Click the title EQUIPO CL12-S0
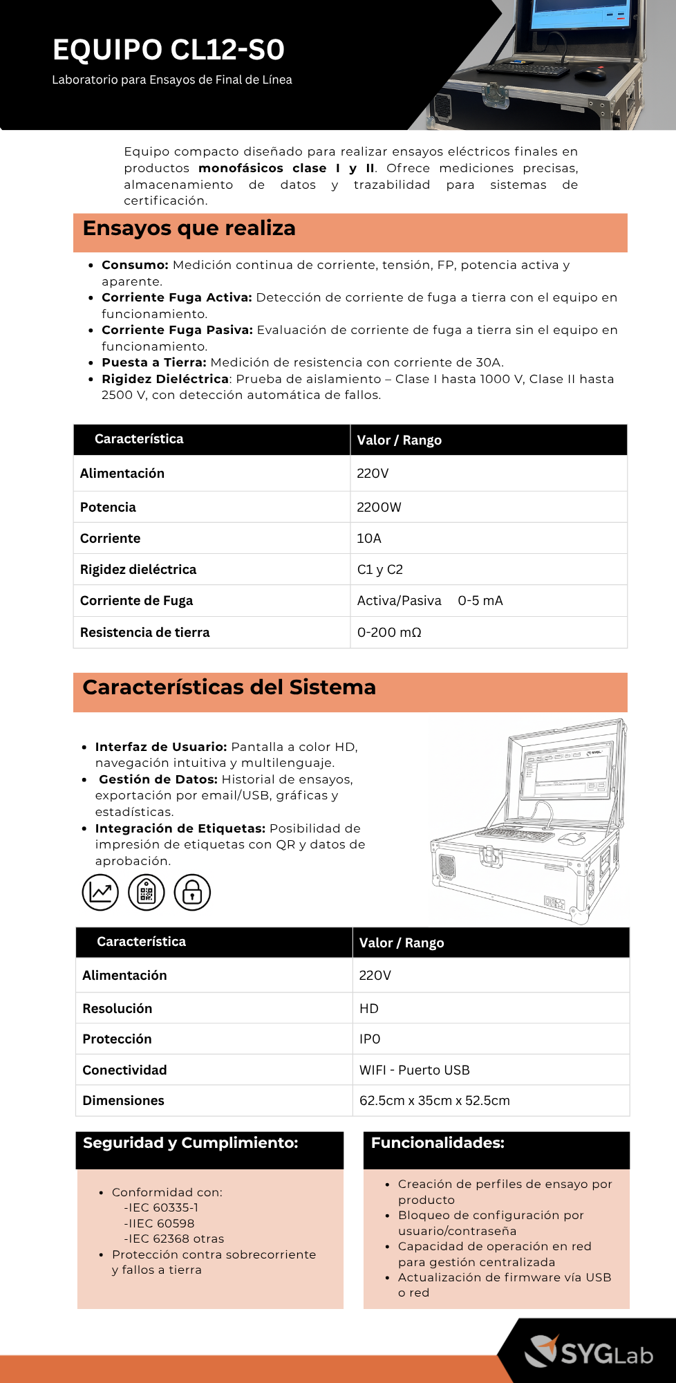click(169, 50)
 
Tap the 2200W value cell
click(379, 507)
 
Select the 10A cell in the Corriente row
click(369, 538)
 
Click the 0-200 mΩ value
click(389, 632)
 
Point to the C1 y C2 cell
click(379, 569)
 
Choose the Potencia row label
click(108, 507)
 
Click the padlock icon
click(192, 892)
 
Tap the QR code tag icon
click(147, 892)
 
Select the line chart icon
click(100, 892)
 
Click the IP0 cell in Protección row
click(370, 1039)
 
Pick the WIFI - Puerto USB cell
click(414, 1070)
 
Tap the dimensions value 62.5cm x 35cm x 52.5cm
click(434, 1100)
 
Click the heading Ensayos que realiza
click(189, 228)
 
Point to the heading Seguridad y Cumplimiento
click(190, 1142)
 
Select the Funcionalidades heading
click(438, 1142)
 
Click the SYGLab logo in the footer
click(589, 1352)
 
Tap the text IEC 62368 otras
click(174, 1238)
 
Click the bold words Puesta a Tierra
click(153, 362)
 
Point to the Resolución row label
click(117, 1008)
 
